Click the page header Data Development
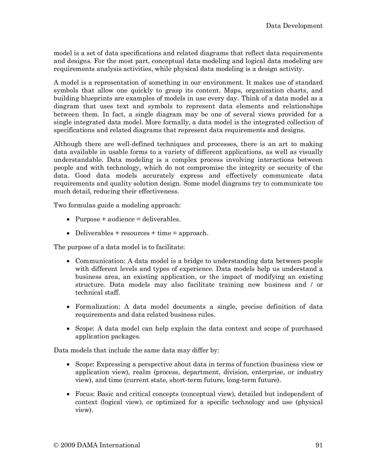pos(294,26)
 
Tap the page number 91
pos(319,445)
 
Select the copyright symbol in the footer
pos(56,445)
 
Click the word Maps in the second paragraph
pos(230,91)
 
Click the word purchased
pos(307,328)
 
